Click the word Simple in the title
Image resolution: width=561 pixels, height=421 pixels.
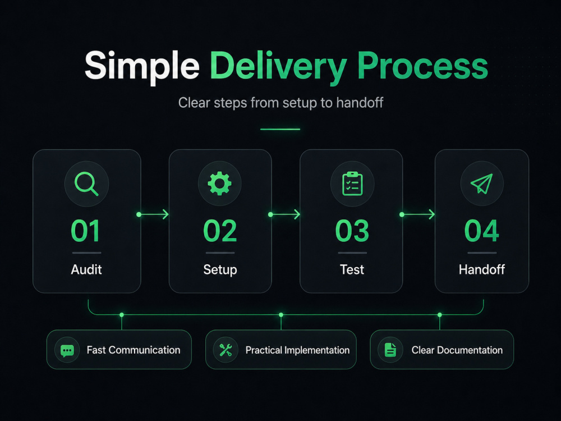pos(142,67)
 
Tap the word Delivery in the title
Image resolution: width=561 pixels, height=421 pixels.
pos(278,67)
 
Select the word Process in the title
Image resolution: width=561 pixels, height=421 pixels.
pos(422,65)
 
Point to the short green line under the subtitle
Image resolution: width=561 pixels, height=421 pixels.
pos(280,129)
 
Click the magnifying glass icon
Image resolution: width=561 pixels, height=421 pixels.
pos(86,184)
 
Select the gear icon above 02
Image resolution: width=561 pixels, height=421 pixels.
pos(220,184)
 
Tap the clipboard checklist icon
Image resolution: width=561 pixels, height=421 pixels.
pos(352,184)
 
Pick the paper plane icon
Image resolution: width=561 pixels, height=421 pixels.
pos(481,184)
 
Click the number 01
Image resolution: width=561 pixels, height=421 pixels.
pos(85,231)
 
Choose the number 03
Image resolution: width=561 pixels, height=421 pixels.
pos(352,231)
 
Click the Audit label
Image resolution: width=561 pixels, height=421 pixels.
pos(86,269)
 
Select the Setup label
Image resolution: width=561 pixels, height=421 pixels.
pos(220,269)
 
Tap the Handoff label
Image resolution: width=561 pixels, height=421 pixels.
pos(481,269)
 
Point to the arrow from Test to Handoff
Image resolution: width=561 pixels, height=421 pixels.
pos(417,214)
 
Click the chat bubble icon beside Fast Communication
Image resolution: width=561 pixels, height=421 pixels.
pos(67,350)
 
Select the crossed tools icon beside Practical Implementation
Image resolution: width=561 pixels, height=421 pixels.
pos(226,350)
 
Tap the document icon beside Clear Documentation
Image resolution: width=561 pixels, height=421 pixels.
pos(390,350)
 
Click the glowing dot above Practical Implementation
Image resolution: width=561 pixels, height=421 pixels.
pos(281,315)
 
